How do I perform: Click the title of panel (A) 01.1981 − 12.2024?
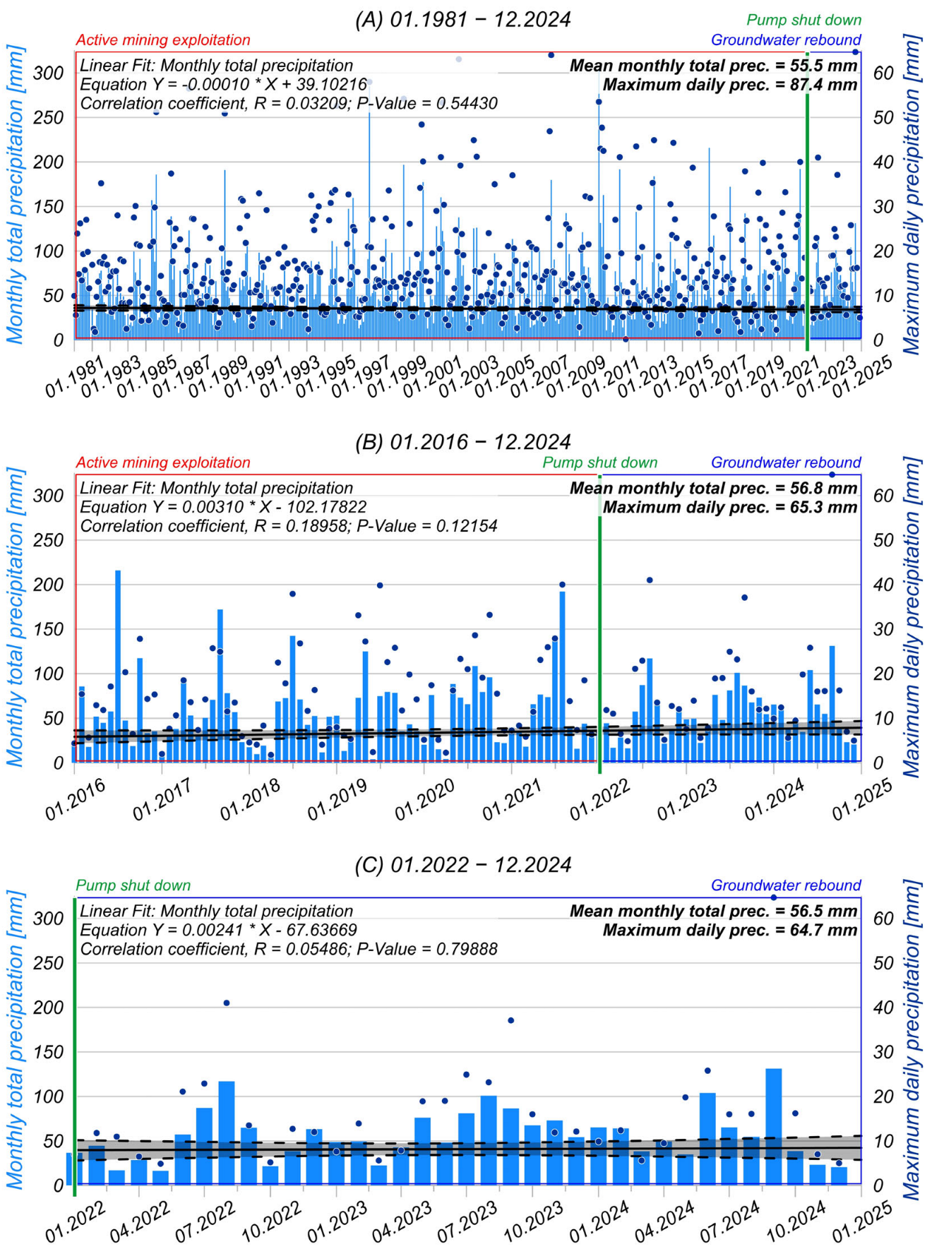462,19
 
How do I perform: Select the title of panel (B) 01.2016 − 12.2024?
462,442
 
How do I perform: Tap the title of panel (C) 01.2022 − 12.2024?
462,865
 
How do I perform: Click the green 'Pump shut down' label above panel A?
803,20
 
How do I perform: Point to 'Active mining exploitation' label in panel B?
163,462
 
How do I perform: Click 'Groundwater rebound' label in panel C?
785,885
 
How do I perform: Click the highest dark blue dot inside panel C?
774,897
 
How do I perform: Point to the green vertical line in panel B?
599,635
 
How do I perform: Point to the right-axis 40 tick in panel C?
883,1008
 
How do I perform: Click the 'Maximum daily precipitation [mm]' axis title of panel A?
912,194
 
